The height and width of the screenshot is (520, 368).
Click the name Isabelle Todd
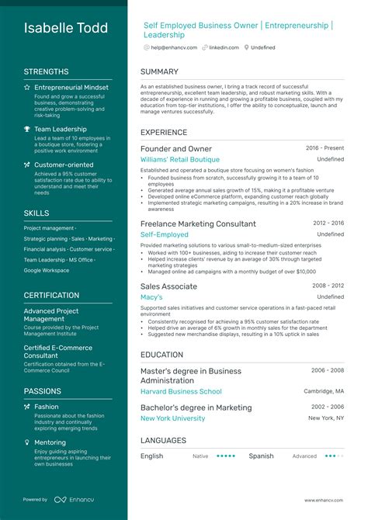[66, 29]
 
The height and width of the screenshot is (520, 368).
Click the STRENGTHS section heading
[46, 71]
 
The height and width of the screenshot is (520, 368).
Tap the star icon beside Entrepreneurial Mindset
[27, 88]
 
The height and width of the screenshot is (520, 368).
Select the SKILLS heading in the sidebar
[36, 212]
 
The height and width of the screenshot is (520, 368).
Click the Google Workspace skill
[47, 270]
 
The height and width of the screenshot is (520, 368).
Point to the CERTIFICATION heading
[51, 295]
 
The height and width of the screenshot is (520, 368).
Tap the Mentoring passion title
[50, 442]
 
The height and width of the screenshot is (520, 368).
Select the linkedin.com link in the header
[224, 47]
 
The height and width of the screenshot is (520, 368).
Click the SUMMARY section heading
[160, 71]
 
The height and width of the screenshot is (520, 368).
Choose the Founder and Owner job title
[176, 148]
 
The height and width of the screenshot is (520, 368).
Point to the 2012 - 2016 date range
[328, 223]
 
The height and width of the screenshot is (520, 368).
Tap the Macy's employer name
[151, 296]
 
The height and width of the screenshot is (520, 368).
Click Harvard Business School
[181, 391]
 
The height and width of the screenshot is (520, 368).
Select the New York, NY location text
[326, 418]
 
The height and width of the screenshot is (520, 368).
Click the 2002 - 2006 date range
[328, 407]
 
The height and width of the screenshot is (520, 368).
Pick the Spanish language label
[261, 456]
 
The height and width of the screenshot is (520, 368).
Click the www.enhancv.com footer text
[324, 500]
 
